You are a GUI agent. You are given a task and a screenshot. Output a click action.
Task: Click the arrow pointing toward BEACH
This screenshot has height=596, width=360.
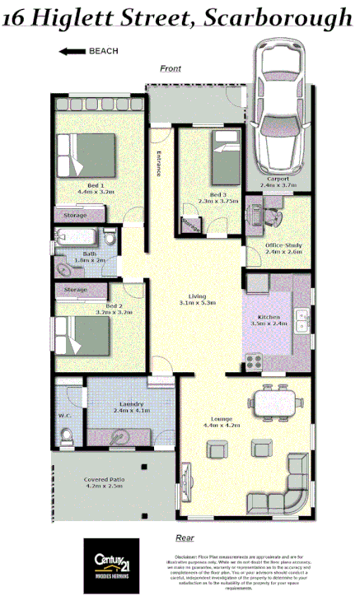pos(72,51)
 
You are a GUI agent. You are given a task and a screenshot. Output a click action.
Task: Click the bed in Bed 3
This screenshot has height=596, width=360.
pos(225,161)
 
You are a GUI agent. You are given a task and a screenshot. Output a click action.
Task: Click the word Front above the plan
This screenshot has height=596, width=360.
pos(171,68)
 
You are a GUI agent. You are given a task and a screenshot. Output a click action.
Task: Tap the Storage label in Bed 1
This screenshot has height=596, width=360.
pos(75,215)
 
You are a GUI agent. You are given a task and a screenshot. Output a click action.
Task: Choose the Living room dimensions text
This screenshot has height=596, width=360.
pos(197,303)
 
